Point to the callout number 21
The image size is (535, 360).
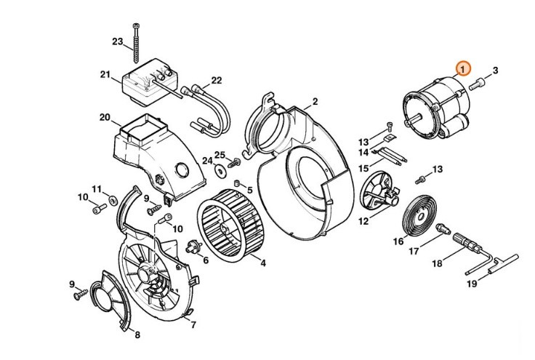coord(105,74)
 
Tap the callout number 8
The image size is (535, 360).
coord(137,335)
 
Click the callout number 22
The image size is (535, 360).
coord(217,80)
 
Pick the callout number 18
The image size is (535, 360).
coord(438,264)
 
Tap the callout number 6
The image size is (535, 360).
coord(206,260)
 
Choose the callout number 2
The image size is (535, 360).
coord(315,101)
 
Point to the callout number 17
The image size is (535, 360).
coord(413,252)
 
